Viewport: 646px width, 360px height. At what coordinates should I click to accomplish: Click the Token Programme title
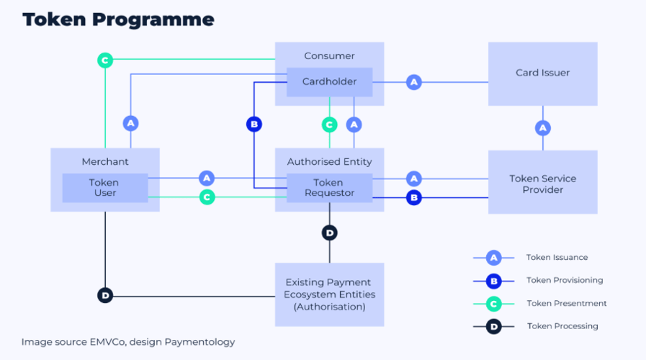pyautogui.click(x=118, y=19)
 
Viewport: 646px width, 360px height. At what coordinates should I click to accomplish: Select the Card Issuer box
pyautogui.click(x=542, y=73)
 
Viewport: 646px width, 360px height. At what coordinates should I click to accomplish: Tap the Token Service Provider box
pyautogui.click(x=542, y=184)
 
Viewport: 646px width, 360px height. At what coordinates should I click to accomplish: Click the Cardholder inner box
pyautogui.click(x=329, y=81)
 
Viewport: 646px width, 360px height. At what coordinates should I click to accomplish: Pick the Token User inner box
pyautogui.click(x=104, y=188)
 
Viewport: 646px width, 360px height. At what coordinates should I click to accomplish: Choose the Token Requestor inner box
pyautogui.click(x=329, y=188)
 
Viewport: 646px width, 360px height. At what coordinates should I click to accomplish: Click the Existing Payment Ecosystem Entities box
pyautogui.click(x=329, y=294)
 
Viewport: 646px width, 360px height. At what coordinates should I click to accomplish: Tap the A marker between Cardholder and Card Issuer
pyautogui.click(x=413, y=82)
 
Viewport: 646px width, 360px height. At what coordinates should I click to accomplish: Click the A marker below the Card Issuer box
pyautogui.click(x=543, y=127)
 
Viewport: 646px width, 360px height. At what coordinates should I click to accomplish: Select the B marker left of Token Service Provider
pyautogui.click(x=413, y=197)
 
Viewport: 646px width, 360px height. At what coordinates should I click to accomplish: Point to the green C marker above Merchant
pyautogui.click(x=105, y=60)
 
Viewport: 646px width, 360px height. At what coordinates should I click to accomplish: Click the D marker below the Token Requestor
pyautogui.click(x=329, y=233)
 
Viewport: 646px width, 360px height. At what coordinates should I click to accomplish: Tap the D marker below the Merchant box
pyautogui.click(x=105, y=294)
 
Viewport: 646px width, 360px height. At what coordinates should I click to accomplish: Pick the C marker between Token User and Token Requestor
pyautogui.click(x=207, y=197)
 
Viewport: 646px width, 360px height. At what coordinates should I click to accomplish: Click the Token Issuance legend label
pyautogui.click(x=557, y=258)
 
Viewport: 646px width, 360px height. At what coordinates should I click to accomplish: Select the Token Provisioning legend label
pyautogui.click(x=564, y=280)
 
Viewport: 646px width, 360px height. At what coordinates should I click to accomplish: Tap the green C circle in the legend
pyautogui.click(x=493, y=303)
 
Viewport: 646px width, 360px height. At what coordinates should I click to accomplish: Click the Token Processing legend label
pyautogui.click(x=562, y=326)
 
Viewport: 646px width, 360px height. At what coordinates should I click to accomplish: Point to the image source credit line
pyautogui.click(x=127, y=342)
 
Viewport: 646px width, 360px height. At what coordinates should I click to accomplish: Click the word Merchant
pyautogui.click(x=104, y=161)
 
